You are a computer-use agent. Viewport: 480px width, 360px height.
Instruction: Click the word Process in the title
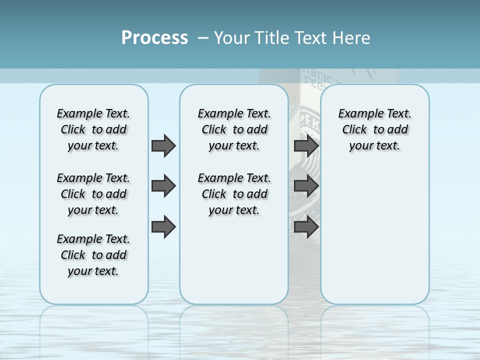(154, 38)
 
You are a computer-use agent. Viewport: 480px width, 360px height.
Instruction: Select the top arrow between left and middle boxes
(163, 145)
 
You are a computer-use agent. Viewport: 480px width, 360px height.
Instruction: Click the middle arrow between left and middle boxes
(163, 186)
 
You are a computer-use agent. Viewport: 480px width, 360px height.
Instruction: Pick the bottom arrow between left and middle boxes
(163, 226)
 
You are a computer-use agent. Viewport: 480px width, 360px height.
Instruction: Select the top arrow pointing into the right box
(306, 145)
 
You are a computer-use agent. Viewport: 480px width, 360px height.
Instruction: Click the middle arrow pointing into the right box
(306, 186)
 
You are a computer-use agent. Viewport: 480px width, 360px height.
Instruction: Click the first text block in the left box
(93, 129)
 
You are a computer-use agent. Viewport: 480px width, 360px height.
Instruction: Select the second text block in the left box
(93, 194)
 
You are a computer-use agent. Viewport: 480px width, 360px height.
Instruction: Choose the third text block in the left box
(93, 255)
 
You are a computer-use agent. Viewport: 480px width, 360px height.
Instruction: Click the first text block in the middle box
(234, 129)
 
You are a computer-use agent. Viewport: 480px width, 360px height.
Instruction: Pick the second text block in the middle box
(234, 194)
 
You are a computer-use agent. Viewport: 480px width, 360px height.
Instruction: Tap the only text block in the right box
(374, 129)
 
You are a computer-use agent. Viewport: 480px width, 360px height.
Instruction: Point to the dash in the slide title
(202, 38)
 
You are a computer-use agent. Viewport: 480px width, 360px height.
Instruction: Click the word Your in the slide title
(232, 38)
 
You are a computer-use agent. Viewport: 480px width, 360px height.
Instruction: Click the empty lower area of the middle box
(234, 260)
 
